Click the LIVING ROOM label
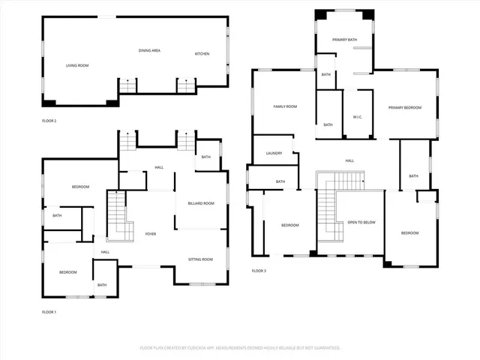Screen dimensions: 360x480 76,66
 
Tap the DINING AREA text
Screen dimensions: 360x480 149,50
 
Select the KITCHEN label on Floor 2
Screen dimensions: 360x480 202,54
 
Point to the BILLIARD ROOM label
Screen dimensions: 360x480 200,203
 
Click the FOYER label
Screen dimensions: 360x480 150,235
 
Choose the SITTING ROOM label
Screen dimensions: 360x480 200,259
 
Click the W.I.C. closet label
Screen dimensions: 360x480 358,117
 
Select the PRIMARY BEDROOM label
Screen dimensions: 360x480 404,108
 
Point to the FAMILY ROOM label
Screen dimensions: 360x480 284,107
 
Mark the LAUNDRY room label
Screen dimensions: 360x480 274,153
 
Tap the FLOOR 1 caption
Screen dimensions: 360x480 49,311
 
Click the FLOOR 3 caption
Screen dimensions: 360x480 259,270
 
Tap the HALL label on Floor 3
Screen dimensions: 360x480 349,161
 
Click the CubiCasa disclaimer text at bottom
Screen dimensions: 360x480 240,348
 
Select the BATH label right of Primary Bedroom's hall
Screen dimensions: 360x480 413,176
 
